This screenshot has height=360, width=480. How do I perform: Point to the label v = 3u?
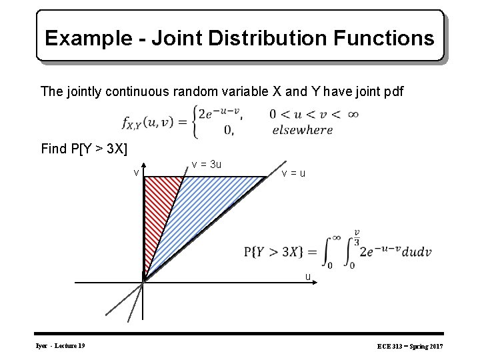(207, 164)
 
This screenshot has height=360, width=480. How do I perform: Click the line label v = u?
(293, 173)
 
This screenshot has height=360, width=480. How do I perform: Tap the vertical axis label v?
(135, 173)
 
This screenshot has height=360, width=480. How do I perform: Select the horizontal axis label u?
(307, 275)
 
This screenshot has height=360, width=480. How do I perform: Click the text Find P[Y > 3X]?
(84, 148)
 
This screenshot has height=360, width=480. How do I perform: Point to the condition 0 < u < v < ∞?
(314, 114)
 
